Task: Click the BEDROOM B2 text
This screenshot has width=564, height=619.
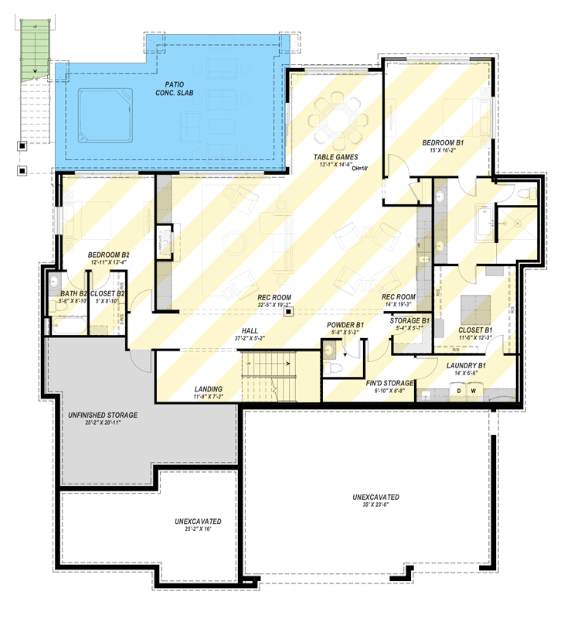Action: pos(108,255)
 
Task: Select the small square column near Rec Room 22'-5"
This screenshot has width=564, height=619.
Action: pos(287,313)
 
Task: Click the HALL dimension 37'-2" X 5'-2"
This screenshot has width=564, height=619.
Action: pos(250,338)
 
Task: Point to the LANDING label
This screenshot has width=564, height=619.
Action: pos(208,388)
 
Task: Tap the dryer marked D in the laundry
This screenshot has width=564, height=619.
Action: pos(460,391)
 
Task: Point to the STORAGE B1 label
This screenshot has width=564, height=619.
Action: pos(409,320)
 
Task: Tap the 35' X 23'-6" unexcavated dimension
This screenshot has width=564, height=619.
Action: pos(365,504)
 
